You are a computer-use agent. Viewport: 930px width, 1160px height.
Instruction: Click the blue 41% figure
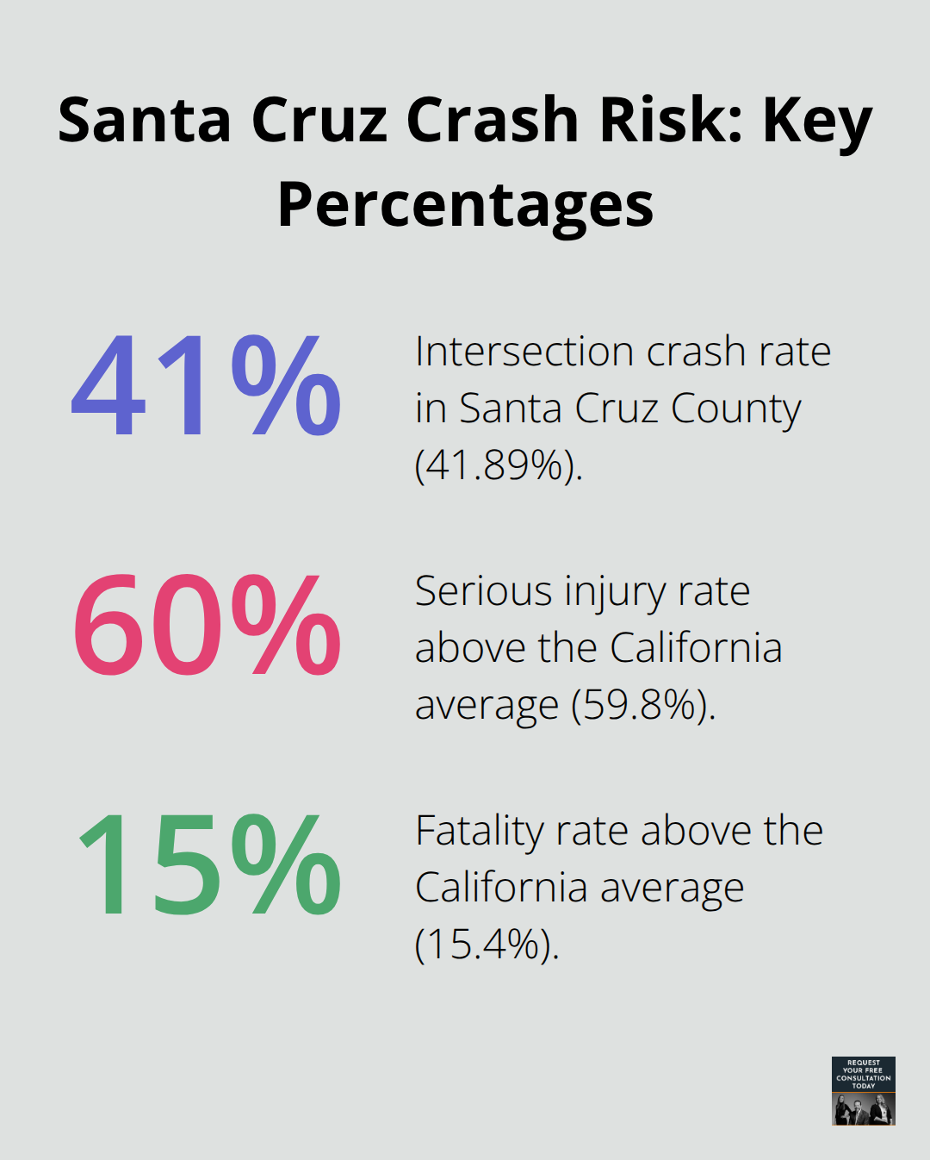[x=206, y=386]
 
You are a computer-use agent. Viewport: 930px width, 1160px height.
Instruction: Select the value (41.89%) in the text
[x=499, y=465]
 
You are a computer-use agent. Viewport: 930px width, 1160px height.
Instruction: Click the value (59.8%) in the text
[x=643, y=705]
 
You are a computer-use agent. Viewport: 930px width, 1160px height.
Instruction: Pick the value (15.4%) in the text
[x=487, y=944]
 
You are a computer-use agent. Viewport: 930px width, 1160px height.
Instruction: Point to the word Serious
[x=483, y=591]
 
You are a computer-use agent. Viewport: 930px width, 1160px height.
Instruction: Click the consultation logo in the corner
[x=863, y=1090]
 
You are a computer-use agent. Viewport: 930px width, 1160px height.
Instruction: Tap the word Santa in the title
[x=145, y=120]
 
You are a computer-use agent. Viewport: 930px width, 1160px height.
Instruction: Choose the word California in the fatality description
[x=501, y=888]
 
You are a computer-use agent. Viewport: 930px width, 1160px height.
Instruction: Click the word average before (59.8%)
[x=487, y=706]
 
